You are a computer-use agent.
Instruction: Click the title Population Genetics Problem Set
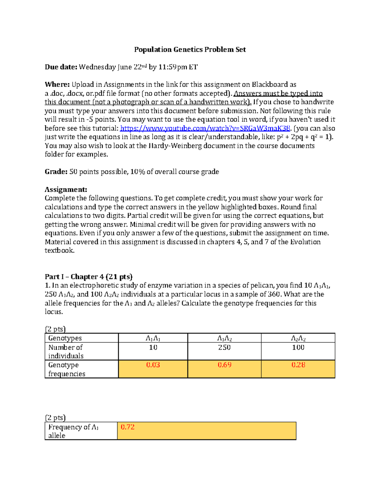tap(190, 49)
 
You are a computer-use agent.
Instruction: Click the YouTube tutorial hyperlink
tap(205, 128)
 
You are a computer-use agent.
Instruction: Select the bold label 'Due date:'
tap(61, 67)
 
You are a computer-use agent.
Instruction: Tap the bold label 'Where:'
tap(57, 85)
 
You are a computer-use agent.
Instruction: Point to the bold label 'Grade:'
tap(56, 172)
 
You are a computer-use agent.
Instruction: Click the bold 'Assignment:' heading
tap(66, 189)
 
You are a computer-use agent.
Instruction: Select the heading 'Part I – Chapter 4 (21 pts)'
tap(88, 277)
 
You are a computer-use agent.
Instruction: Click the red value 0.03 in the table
tap(153, 365)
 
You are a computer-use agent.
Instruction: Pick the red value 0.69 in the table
tap(224, 365)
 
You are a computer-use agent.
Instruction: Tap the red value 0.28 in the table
tap(298, 365)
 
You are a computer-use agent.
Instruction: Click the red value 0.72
tap(128, 427)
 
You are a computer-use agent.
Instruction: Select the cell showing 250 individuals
tap(224, 348)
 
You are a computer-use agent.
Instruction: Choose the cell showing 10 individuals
tap(153, 348)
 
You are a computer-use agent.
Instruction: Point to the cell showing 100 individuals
tap(298, 348)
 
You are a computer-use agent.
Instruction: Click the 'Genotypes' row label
tap(65, 338)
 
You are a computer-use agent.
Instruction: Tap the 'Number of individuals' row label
tap(66, 351)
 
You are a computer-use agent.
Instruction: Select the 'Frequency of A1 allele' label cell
tap(73, 431)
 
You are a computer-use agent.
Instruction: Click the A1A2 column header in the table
tap(224, 338)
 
